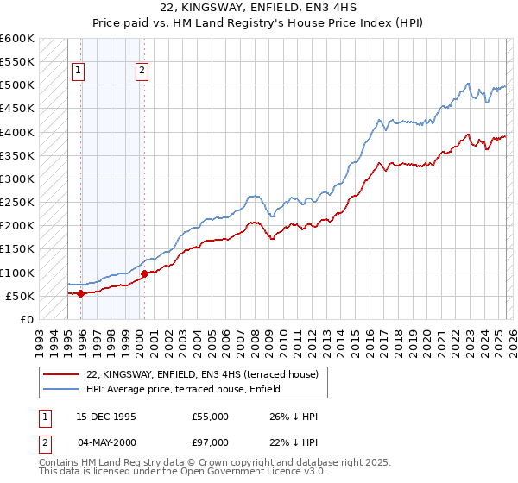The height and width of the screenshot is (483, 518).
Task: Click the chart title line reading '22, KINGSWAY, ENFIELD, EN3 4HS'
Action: (258, 10)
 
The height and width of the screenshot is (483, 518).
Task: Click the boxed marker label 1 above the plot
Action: (79, 72)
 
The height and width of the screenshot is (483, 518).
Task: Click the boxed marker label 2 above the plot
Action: (142, 72)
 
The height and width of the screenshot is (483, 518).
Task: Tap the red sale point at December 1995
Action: (81, 293)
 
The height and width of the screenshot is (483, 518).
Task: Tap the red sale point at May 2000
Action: (144, 273)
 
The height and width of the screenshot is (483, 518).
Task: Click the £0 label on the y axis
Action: (27, 319)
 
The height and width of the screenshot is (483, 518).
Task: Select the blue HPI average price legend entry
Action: (183, 390)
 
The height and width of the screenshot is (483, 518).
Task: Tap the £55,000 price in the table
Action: (211, 417)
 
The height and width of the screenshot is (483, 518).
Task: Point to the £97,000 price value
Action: (211, 442)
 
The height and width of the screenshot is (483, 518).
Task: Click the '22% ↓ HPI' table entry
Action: (294, 442)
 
